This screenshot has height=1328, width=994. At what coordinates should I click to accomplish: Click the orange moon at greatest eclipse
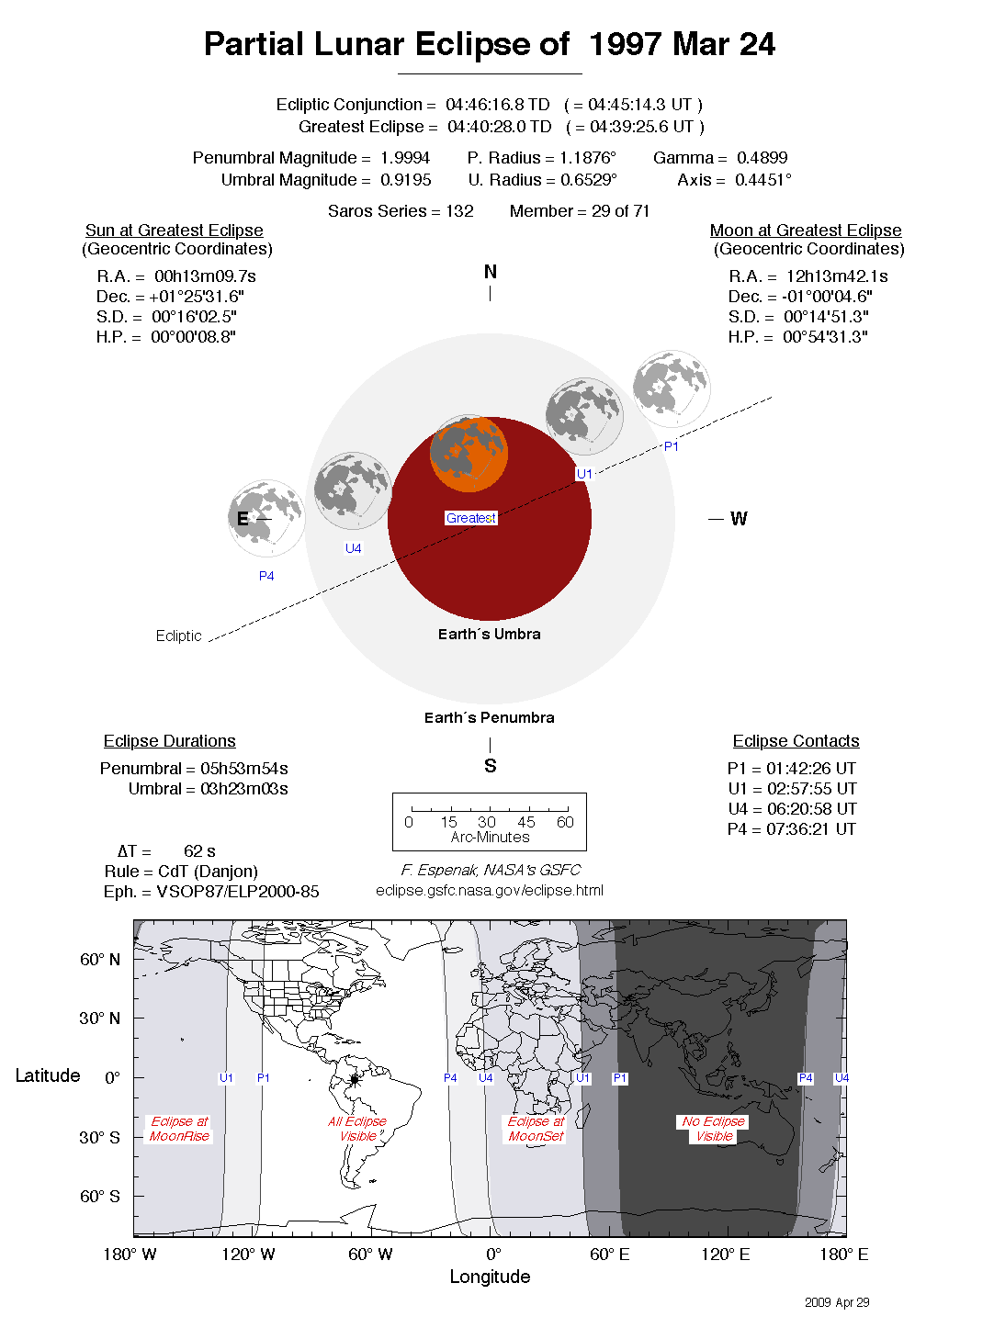[x=469, y=454]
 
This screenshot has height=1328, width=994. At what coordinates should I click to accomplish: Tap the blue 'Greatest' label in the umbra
[x=470, y=518]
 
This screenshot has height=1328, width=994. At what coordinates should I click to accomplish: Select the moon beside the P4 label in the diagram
[x=266, y=518]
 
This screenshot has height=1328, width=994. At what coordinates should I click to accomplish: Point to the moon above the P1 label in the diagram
[x=672, y=388]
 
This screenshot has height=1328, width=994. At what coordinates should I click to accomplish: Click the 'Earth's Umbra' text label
[x=489, y=634]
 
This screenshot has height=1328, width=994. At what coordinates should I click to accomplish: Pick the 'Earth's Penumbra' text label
[x=489, y=717]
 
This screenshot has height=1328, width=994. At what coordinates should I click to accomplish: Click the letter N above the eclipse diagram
[x=490, y=272]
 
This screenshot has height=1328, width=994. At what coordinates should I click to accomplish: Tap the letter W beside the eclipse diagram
[x=739, y=519]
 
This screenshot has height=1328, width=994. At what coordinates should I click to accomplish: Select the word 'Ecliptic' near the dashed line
[x=178, y=636]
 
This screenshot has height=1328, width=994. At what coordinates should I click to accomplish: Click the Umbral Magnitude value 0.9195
[x=405, y=180]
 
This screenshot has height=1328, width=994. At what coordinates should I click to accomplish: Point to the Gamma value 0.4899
[x=762, y=158]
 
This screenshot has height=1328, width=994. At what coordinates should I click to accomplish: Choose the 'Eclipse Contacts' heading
[x=796, y=741]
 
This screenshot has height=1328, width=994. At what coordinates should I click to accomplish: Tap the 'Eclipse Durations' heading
[x=169, y=741]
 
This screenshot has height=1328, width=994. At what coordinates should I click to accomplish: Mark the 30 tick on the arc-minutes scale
[x=487, y=821]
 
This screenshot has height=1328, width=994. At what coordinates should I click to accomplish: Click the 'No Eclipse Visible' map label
[x=714, y=1129]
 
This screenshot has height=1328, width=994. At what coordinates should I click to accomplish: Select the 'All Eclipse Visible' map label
[x=357, y=1129]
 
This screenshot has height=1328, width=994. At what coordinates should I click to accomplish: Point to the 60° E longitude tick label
[x=609, y=1255]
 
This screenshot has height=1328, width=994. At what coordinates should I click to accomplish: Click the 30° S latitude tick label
[x=99, y=1137]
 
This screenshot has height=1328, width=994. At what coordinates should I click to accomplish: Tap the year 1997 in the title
[x=626, y=44]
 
